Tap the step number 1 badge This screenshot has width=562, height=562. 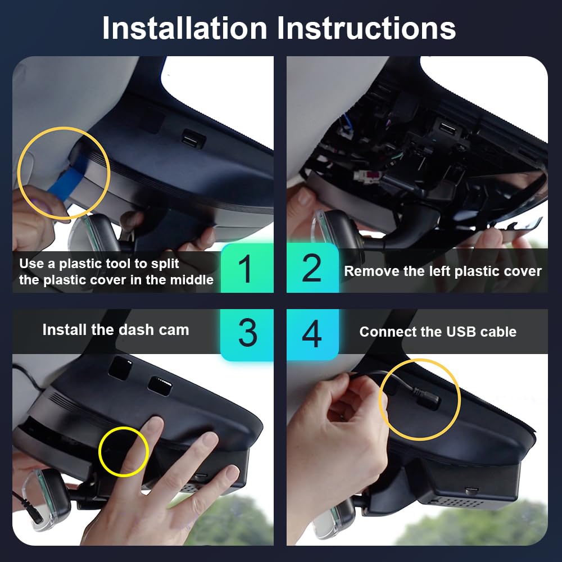(x=246, y=269)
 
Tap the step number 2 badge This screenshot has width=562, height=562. (x=312, y=269)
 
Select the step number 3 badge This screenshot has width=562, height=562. (x=247, y=333)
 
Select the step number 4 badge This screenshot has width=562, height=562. (x=312, y=333)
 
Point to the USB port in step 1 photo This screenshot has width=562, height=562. (x=193, y=139)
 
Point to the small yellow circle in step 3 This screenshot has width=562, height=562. (x=123, y=451)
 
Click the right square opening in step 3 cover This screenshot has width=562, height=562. (x=159, y=386)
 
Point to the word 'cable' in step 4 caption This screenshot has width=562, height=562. (x=498, y=332)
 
